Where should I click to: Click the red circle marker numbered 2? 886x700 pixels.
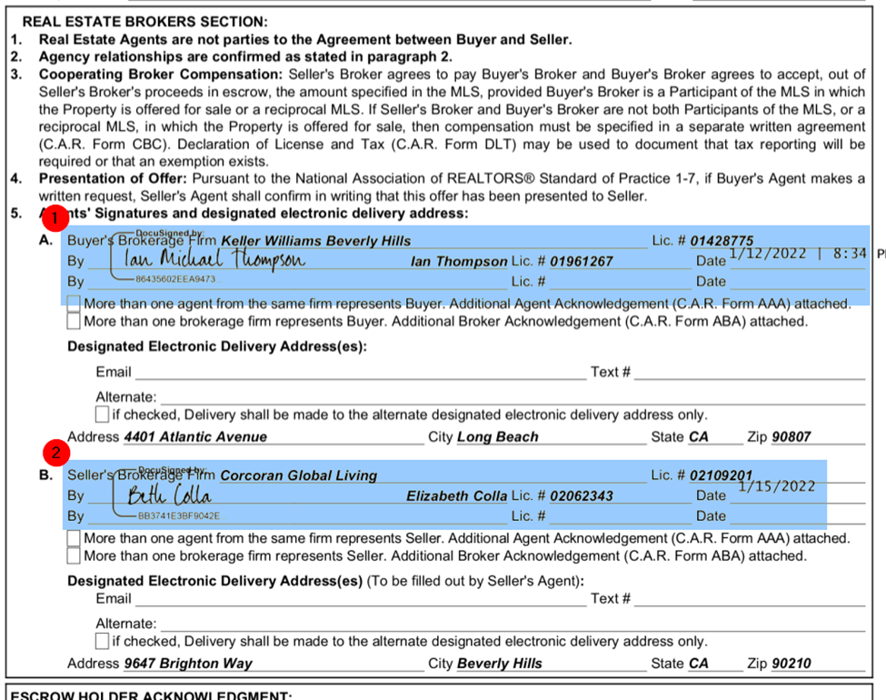pos(56,452)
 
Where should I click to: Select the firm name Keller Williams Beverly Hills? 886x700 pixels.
pos(316,241)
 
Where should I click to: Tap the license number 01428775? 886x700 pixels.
pos(722,241)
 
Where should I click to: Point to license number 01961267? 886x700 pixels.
pos(582,262)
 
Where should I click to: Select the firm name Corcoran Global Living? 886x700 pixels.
pos(299,475)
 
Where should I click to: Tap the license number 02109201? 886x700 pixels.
pos(722,475)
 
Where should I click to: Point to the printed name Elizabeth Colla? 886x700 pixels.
pos(456,496)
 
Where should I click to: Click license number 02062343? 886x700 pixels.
pos(582,496)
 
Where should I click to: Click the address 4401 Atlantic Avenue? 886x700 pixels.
pos(195,437)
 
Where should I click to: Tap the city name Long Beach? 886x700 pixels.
pos(498,437)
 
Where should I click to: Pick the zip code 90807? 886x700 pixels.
pos(791,437)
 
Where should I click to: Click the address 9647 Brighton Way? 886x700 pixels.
pos(188,664)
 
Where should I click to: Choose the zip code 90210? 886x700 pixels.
pos(791,664)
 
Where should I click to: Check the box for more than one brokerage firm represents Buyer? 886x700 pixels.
pos(74,321)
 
